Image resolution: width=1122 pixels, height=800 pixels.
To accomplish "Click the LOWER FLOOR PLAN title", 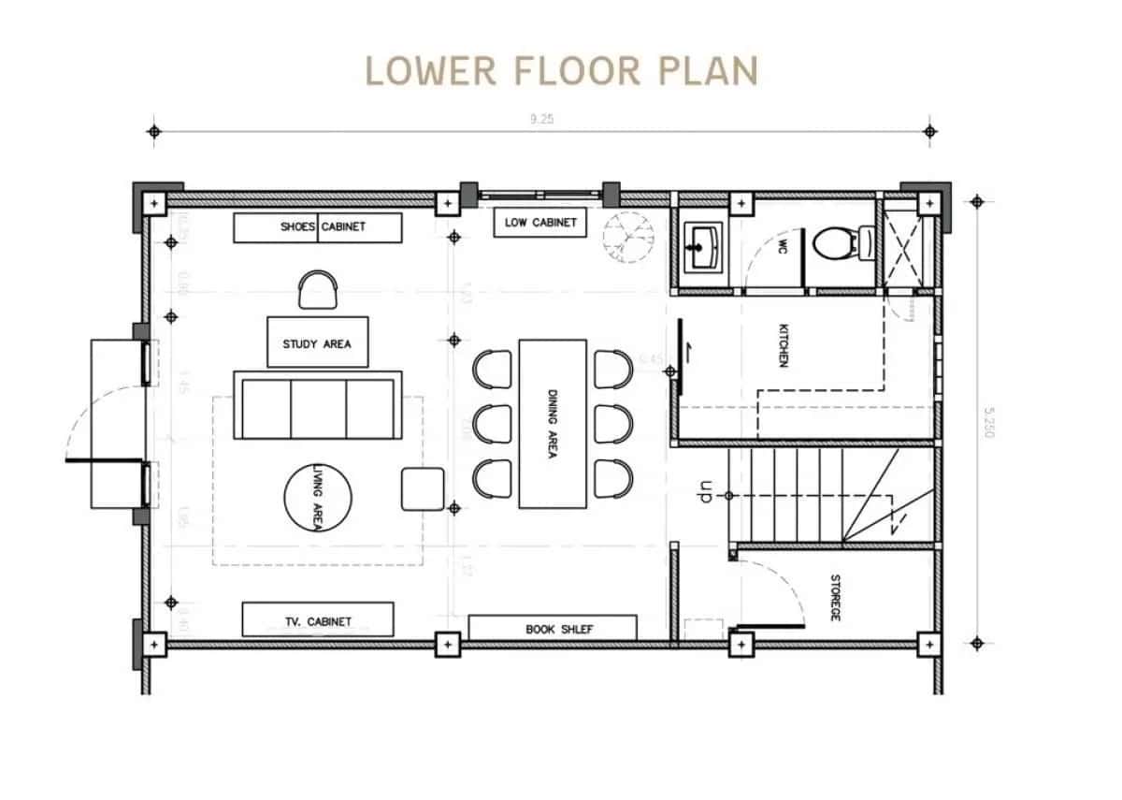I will coord(561,71).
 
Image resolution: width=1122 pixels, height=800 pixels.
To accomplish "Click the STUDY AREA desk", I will coord(317,342).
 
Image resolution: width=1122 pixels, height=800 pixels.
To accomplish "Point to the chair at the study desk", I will coord(318,289).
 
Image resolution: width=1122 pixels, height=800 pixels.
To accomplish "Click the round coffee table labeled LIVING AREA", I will coord(318,498).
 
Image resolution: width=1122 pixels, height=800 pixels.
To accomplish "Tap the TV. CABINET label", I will coord(317,619).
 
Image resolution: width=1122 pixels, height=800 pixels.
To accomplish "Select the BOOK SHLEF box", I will coord(552,628).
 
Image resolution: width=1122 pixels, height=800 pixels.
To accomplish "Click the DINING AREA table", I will coord(553,423).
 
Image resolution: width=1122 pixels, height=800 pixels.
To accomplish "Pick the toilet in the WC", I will coord(831,245).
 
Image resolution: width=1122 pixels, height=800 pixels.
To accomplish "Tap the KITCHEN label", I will coord(784,345).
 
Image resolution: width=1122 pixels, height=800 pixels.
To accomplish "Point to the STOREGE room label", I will coord(835,597).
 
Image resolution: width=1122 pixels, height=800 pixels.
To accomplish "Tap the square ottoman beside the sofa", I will coord(424,488).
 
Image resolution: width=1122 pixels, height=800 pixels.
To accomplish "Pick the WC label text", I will coord(784,246).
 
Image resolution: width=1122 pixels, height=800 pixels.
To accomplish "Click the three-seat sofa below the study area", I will coord(318,409).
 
